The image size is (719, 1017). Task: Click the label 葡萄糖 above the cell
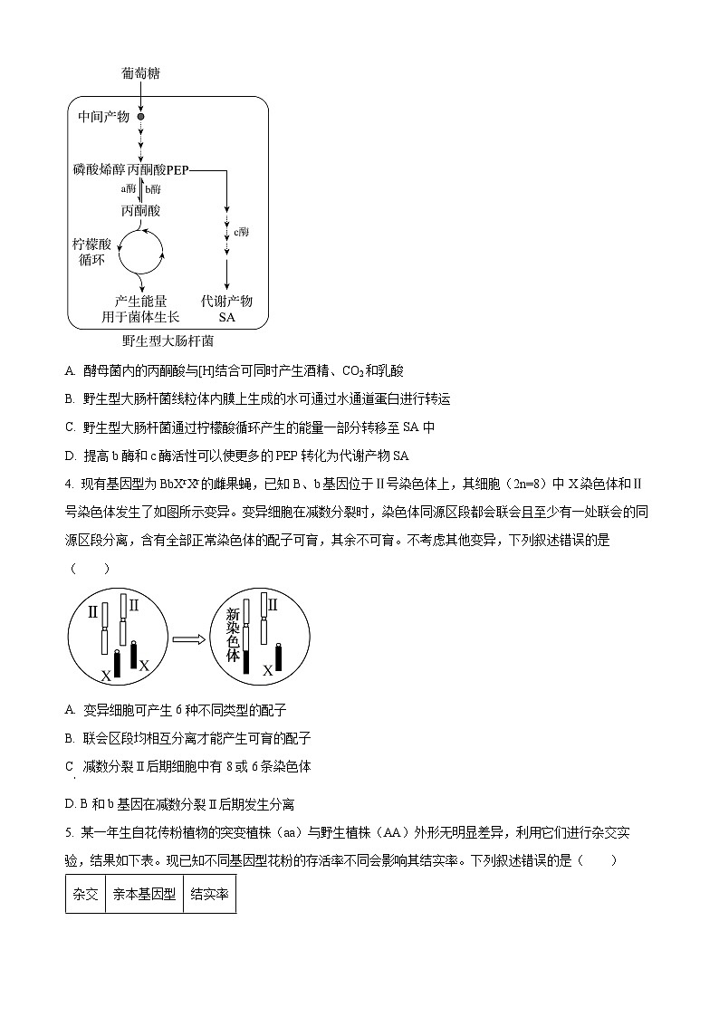coord(142,72)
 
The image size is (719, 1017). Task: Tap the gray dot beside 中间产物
coord(140,117)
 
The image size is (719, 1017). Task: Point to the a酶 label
coord(129,189)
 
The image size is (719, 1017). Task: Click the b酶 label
coord(153,189)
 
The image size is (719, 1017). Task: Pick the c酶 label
coord(241,232)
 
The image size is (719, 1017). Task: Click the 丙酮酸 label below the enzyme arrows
coord(140,210)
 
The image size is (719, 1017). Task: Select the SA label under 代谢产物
coord(226,317)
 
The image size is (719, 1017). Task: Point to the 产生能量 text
coord(140,301)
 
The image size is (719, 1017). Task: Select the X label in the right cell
coord(267,671)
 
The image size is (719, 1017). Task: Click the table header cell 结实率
coord(209,894)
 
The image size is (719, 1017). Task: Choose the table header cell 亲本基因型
coord(144,894)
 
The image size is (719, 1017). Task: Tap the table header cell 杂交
coord(85,894)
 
